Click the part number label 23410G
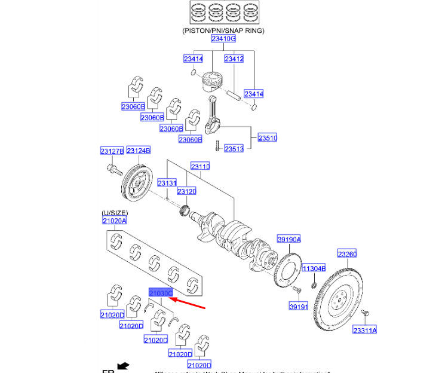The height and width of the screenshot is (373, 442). [x=223, y=39]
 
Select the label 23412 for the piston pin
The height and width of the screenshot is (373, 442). [x=234, y=59]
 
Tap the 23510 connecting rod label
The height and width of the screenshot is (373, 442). [x=268, y=138]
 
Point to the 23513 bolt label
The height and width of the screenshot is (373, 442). [x=234, y=149]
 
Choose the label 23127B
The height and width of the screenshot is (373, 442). [x=112, y=151]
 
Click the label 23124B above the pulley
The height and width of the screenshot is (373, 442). [x=138, y=151]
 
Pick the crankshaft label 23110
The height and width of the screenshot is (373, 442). [x=200, y=166]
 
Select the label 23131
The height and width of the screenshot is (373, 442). [x=167, y=184]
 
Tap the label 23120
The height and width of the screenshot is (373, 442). [x=187, y=191]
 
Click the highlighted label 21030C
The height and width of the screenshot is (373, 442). [x=160, y=293]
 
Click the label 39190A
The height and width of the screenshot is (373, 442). [x=288, y=239]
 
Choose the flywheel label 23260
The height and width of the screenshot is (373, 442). [x=347, y=253]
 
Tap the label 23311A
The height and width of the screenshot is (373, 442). [x=364, y=330]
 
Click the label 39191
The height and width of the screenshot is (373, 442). [x=298, y=306]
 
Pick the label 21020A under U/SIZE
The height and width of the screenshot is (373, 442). [x=114, y=221]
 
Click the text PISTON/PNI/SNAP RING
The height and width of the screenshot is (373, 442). [x=223, y=30]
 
